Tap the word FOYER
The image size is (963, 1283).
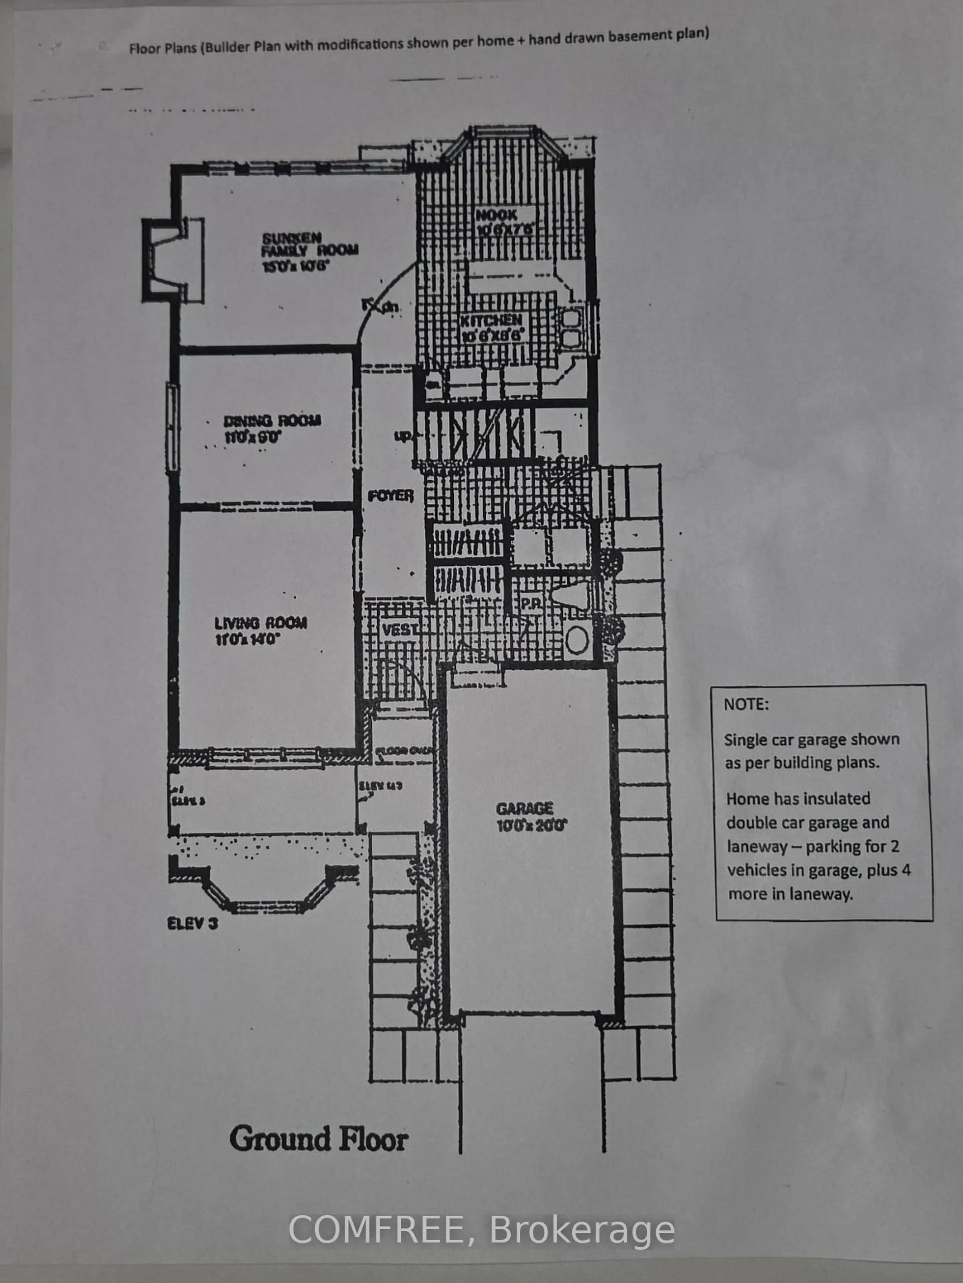(390, 496)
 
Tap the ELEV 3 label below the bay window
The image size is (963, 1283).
(192, 923)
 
